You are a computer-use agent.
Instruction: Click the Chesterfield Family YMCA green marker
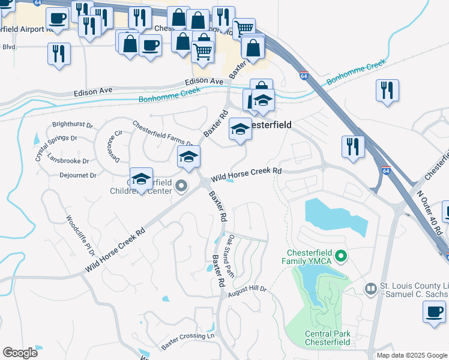point(342,257)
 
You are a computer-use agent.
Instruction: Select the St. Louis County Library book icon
point(370,290)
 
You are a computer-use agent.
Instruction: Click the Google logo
point(20,353)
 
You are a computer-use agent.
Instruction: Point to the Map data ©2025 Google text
point(411,355)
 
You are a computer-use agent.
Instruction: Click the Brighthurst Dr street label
point(73,125)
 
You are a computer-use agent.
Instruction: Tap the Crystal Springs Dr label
point(56,148)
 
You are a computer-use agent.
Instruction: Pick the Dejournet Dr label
point(77,175)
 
